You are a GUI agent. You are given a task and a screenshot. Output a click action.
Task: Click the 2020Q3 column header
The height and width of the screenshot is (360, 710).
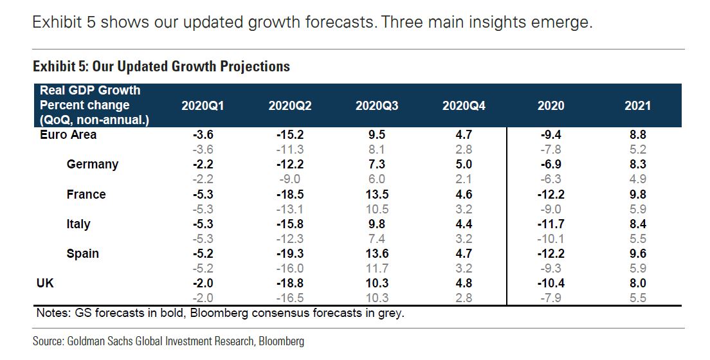(x=377, y=105)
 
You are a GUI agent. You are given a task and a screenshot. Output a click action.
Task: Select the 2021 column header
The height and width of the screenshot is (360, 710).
(x=637, y=105)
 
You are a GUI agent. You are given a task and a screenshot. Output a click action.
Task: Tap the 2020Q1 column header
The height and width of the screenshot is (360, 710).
(x=203, y=105)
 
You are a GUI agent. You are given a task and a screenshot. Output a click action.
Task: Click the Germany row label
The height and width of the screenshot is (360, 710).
(x=93, y=164)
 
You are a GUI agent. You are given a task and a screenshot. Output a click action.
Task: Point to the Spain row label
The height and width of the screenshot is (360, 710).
(x=83, y=253)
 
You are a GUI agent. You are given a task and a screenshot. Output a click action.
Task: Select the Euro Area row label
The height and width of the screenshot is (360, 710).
(x=68, y=134)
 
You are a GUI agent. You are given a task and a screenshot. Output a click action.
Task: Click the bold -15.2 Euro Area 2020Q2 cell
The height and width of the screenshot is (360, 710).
(x=290, y=135)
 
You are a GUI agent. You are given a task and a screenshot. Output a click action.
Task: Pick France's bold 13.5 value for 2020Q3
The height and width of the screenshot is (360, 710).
(x=377, y=194)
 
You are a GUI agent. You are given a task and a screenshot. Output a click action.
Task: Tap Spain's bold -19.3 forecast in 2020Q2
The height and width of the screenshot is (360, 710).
(x=290, y=254)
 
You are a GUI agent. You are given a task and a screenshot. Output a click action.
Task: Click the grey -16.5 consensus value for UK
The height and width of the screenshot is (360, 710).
(x=290, y=298)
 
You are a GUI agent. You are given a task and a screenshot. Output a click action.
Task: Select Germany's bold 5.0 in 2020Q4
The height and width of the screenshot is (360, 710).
(x=464, y=165)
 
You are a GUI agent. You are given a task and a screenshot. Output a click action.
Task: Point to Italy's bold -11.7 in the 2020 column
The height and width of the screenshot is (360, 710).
(x=551, y=224)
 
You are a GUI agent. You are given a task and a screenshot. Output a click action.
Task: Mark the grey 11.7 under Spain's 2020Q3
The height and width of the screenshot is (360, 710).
(x=377, y=268)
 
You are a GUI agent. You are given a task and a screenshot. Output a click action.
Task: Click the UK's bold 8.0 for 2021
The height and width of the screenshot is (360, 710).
(x=637, y=283)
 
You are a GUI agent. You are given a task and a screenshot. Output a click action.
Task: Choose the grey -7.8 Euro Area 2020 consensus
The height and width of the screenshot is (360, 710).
(x=551, y=149)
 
